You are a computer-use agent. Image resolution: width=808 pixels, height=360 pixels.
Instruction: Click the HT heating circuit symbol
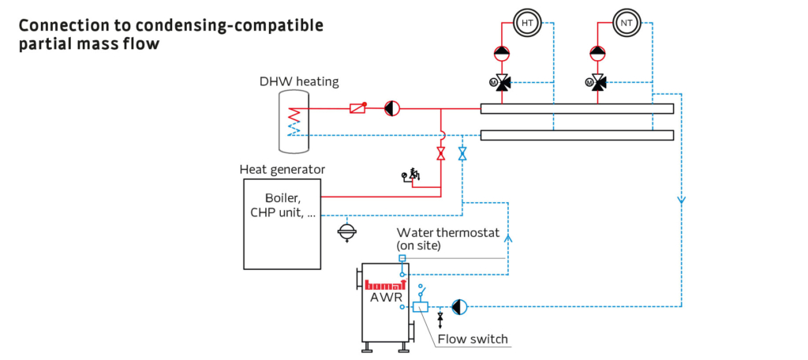coord(526,23)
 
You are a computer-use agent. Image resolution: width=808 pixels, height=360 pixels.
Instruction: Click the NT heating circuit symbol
coord(625,23)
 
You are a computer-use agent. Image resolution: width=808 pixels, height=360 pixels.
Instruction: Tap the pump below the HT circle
coord(501,51)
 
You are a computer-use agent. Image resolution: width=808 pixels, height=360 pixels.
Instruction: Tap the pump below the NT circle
coord(598,51)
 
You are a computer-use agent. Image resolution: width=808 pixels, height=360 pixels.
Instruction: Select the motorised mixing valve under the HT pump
coord(499,82)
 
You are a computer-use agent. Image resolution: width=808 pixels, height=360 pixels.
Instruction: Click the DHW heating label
coord(299,81)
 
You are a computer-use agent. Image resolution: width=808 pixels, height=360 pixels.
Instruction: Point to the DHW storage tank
coord(294,122)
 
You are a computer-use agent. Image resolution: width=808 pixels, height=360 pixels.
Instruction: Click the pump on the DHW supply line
coord(392,108)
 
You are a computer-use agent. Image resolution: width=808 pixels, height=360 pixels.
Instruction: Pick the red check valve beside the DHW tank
coord(358,108)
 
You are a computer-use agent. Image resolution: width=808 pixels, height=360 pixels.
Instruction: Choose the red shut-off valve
coord(441,153)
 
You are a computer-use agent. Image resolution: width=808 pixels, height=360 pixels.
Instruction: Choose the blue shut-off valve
coord(462,153)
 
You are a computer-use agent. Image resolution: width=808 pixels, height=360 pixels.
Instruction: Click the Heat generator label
coord(282,169)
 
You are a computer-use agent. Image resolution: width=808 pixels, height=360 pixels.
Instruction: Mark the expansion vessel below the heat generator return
coord(348,232)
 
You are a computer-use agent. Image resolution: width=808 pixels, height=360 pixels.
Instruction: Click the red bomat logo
coord(386,285)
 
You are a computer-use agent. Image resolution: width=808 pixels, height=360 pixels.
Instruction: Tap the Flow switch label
coord(473,339)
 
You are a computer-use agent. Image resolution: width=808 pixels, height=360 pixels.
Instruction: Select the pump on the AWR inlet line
coord(459,307)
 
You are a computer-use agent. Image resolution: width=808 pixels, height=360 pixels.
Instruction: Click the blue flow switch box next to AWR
coord(421,307)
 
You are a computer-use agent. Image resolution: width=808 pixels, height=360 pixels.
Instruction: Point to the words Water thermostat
coord(448,233)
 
